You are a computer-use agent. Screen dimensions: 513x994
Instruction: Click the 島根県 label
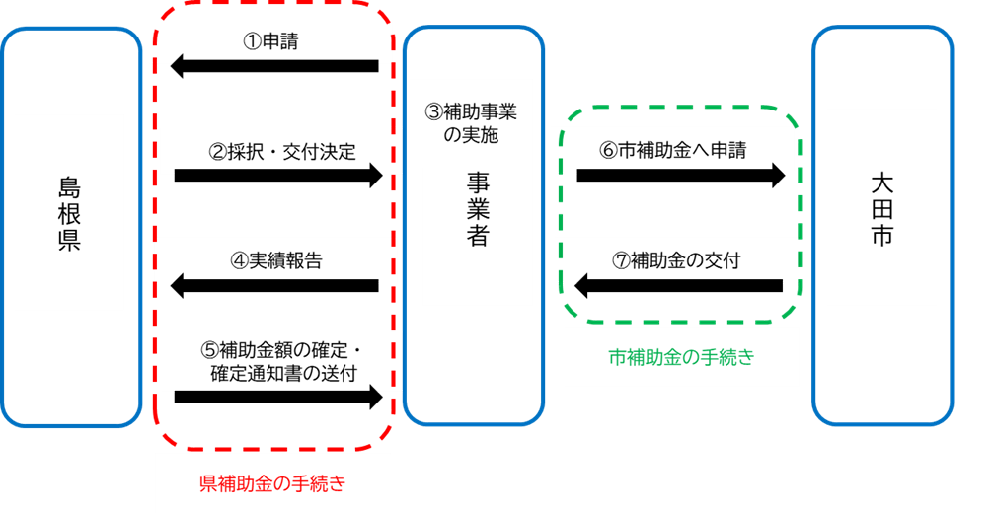click(69, 214)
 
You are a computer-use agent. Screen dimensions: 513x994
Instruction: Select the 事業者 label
click(478, 208)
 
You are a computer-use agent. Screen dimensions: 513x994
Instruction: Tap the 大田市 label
click(881, 209)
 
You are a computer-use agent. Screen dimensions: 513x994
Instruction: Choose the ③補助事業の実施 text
click(471, 123)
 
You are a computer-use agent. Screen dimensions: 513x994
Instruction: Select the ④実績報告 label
click(276, 261)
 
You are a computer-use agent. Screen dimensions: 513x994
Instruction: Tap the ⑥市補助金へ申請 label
click(672, 151)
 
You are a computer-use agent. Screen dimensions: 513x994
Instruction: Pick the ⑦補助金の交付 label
click(675, 261)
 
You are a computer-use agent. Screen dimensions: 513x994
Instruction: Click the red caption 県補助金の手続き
click(271, 483)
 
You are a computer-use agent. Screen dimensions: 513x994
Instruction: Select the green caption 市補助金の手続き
click(681, 357)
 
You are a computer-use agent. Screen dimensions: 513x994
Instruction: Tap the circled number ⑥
click(607, 151)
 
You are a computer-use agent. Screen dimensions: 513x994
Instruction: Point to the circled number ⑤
click(209, 349)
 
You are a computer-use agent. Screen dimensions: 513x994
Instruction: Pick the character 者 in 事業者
click(478, 236)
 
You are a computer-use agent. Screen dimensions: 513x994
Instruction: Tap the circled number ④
click(239, 261)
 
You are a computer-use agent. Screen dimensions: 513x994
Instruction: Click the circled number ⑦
click(620, 261)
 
